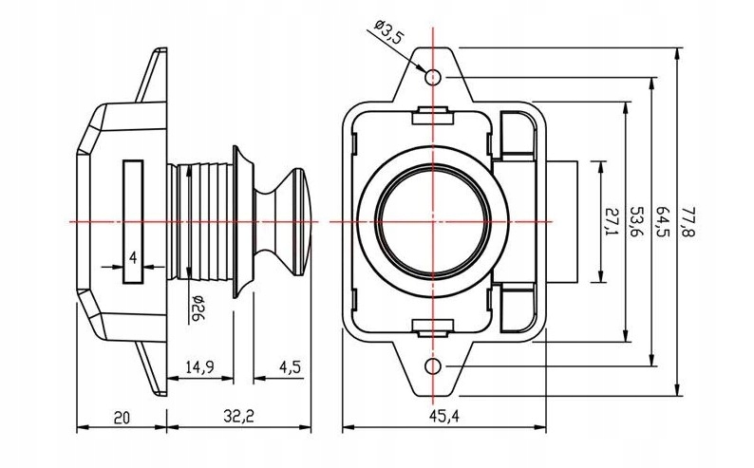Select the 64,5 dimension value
[x=664, y=221]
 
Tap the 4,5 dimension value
[x=292, y=367]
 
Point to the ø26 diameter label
[x=197, y=308]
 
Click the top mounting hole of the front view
[x=434, y=76]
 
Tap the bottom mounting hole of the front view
[x=434, y=366]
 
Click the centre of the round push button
[x=434, y=221]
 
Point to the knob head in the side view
[x=290, y=220]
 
